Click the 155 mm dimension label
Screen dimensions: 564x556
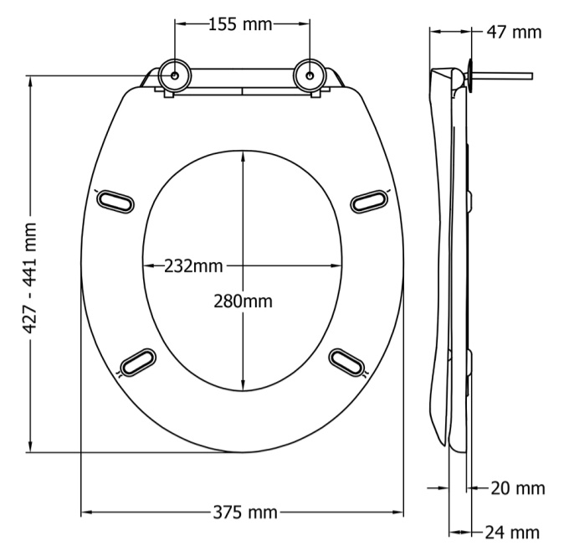[x=240, y=24]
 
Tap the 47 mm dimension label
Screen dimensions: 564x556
[x=514, y=32]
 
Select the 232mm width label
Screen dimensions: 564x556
[x=193, y=266]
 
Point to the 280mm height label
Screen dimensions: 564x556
[x=244, y=301]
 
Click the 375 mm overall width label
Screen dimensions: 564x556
[x=245, y=512]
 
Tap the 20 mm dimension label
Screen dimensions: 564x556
[x=518, y=488]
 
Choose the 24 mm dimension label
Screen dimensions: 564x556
[x=512, y=533]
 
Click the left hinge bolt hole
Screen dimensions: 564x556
[x=175, y=75]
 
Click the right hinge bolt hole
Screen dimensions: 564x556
[x=310, y=75]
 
